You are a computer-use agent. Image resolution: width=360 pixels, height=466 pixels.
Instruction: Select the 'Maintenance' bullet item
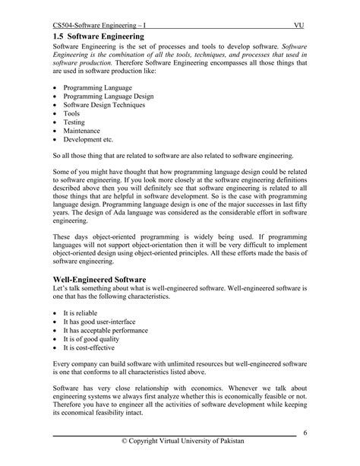[x=83, y=140]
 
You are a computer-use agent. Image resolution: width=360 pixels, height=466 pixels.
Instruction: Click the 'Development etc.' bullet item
[x=89, y=151]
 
